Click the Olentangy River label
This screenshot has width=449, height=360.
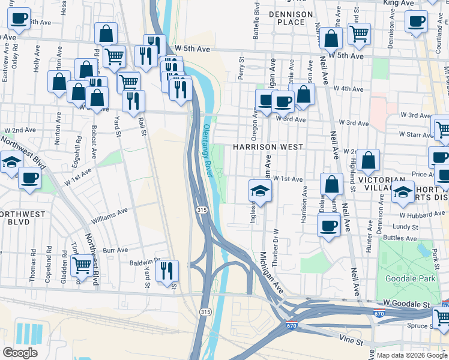[207, 150]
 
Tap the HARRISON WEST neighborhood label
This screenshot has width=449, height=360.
[268, 146]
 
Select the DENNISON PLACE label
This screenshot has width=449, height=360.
[291, 18]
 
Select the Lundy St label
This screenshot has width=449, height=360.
[406, 227]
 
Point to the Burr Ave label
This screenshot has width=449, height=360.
[116, 250]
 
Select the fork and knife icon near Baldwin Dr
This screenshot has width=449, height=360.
[167, 270]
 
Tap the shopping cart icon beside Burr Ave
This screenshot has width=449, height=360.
[82, 264]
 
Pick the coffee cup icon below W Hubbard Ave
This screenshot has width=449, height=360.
[328, 226]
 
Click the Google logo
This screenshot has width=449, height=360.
[20, 353]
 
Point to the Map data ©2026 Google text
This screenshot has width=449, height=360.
[412, 355]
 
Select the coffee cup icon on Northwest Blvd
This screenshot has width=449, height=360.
[29, 177]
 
